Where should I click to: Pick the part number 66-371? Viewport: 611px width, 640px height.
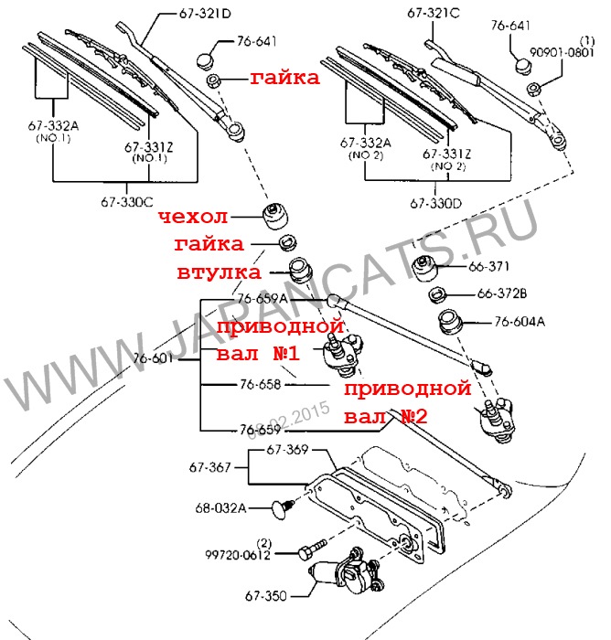pos(489,266)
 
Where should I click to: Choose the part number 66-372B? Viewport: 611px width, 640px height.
pos(502,294)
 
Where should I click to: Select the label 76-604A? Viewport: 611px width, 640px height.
pos(520,322)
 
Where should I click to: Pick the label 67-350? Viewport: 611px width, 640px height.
pos(265,597)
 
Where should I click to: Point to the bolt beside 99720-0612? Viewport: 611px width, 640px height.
pos(310,551)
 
